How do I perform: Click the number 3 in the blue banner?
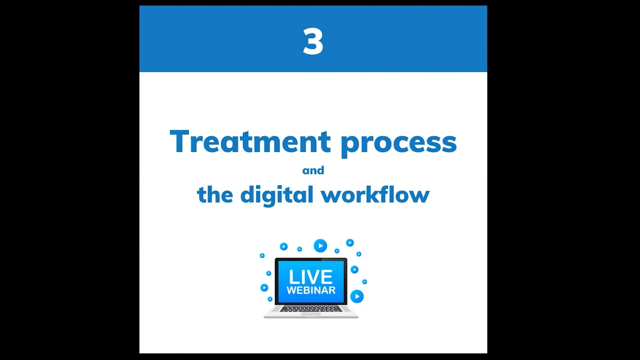313,41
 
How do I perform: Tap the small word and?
313,170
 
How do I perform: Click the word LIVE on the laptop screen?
310,276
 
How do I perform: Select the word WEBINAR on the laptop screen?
310,290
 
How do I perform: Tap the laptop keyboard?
310,309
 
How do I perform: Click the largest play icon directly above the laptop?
320,246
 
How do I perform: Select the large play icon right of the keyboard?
357,296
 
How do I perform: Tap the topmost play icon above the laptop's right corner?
349,243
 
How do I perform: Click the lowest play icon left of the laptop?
270,299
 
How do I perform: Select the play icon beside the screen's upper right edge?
354,269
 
